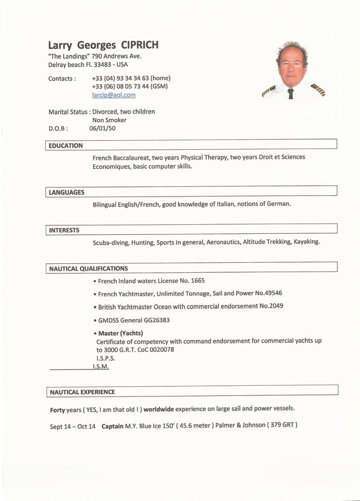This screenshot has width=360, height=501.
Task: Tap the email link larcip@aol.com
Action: [113, 95]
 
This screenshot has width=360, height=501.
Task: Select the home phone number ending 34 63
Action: [131, 78]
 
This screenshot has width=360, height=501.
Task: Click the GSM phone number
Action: [129, 86]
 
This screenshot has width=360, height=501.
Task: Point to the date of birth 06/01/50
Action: [102, 128]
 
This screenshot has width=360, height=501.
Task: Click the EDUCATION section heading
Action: [65, 146]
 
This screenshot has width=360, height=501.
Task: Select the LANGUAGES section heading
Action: [67, 193]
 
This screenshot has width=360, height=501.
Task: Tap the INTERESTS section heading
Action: [64, 230]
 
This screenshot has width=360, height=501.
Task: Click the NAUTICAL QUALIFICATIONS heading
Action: [89, 269]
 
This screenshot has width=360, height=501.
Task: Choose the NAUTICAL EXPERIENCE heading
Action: [82, 392]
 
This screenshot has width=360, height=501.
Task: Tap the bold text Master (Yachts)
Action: [120, 333]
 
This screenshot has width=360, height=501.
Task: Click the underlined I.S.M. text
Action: [100, 367]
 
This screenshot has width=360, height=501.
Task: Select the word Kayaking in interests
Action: [306, 242]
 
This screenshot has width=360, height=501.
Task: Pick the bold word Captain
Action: [112, 426]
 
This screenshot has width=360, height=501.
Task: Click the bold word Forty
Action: [58, 409]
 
